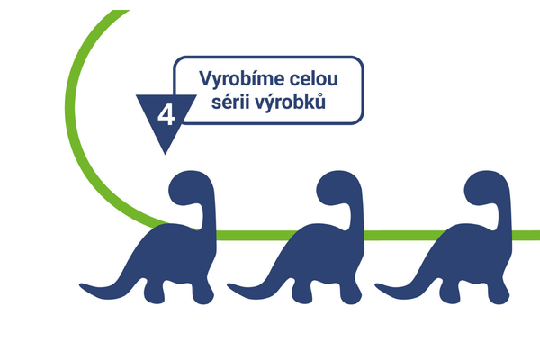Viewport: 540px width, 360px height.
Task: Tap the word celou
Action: coord(314,79)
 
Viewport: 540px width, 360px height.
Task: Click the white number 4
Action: coord(166,115)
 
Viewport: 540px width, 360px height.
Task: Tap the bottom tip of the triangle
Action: coord(165,154)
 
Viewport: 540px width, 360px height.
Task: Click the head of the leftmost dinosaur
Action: coord(190,188)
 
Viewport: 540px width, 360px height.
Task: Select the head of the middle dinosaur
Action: coord(337,188)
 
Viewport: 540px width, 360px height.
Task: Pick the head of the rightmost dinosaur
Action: coord(485,188)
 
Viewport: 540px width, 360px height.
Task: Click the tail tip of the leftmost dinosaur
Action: coord(81,285)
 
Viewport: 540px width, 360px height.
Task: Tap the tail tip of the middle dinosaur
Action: coord(229,285)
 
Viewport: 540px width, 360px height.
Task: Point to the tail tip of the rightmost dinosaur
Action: coord(376,285)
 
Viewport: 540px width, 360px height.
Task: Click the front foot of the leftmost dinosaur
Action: coord(203,296)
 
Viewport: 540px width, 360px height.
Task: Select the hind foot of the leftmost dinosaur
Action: coord(154,295)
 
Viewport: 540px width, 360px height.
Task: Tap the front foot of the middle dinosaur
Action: coord(351,296)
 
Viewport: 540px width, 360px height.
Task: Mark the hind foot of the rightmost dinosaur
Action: coord(450,295)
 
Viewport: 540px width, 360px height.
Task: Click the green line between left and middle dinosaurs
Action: coord(256,235)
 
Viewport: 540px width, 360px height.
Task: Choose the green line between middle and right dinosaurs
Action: coord(405,235)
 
